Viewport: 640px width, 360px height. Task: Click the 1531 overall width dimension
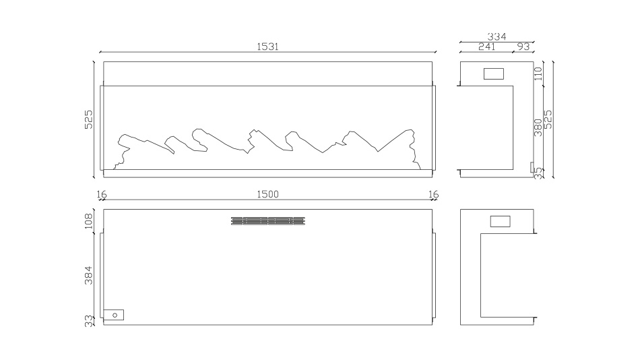click(267, 47)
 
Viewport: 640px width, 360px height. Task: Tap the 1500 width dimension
click(267, 194)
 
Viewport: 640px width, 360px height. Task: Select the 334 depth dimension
click(497, 37)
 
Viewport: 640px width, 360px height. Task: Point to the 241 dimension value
click(487, 47)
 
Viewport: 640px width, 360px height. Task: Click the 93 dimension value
click(523, 47)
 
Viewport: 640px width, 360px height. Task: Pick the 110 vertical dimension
click(538, 73)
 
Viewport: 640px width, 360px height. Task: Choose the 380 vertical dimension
click(538, 127)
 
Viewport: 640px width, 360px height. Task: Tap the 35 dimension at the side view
click(538, 173)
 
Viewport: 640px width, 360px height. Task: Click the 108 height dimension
click(88, 221)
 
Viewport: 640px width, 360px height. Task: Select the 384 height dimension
click(88, 276)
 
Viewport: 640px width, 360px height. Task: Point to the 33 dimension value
click(88, 321)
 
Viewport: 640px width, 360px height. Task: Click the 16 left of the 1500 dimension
click(102, 194)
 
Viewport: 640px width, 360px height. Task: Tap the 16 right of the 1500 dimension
click(434, 194)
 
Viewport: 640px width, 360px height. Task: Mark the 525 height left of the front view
click(88, 119)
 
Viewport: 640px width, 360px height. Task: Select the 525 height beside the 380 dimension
click(548, 119)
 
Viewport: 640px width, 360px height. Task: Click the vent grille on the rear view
click(268, 221)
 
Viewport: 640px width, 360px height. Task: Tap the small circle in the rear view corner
click(115, 315)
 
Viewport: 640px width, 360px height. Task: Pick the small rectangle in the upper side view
click(494, 74)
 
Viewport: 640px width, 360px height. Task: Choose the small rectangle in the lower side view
click(501, 222)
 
